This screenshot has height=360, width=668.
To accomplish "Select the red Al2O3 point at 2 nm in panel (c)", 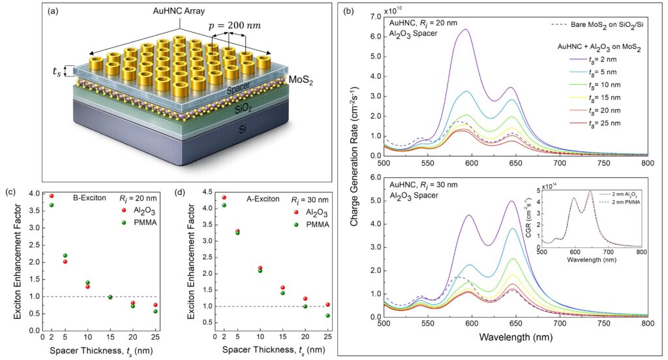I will click(52, 196).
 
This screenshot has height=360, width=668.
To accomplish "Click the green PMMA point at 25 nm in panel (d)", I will click(326, 316).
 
